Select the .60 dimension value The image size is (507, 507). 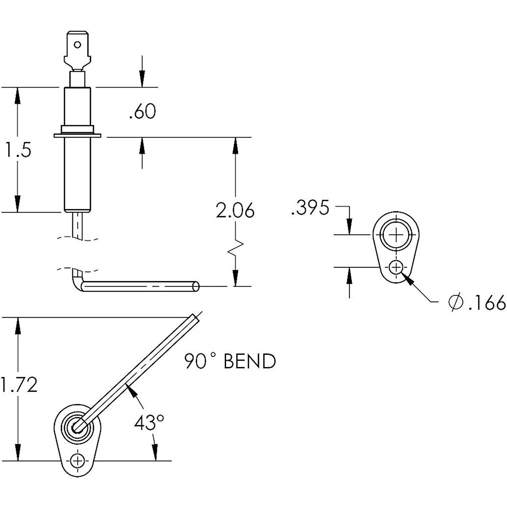pos(142,112)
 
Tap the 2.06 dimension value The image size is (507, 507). pos(235,211)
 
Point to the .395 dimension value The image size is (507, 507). pos(310,208)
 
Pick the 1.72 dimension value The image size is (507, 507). pos(19,385)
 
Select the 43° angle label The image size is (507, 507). pos(149,423)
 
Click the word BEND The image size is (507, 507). pos(250,362)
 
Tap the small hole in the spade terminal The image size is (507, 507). pos(77,45)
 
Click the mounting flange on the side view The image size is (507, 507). pos(77,136)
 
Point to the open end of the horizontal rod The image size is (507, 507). pos(196,286)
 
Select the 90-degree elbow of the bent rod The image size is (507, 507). pos(77,284)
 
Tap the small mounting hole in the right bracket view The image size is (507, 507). pos(395,268)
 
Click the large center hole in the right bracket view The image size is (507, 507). pos(395,234)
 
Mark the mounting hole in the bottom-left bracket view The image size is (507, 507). pos(77,460)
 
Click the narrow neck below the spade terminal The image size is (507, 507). pos(77,79)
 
